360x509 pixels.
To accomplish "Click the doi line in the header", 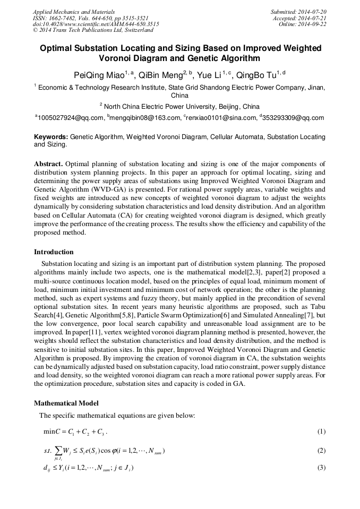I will click(96, 24).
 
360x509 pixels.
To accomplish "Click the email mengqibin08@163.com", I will click(144, 118).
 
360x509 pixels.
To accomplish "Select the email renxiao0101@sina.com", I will click(220, 118).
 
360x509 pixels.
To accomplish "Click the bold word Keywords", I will click(51, 137).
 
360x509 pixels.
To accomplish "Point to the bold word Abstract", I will click(48, 163).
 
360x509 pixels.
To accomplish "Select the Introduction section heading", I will click(54, 252).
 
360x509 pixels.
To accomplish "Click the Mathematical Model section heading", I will click(66, 403).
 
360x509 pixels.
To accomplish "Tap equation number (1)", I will click(321, 432).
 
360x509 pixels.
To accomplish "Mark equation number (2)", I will click(321, 451).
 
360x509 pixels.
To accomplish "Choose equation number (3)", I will click(321, 468).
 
